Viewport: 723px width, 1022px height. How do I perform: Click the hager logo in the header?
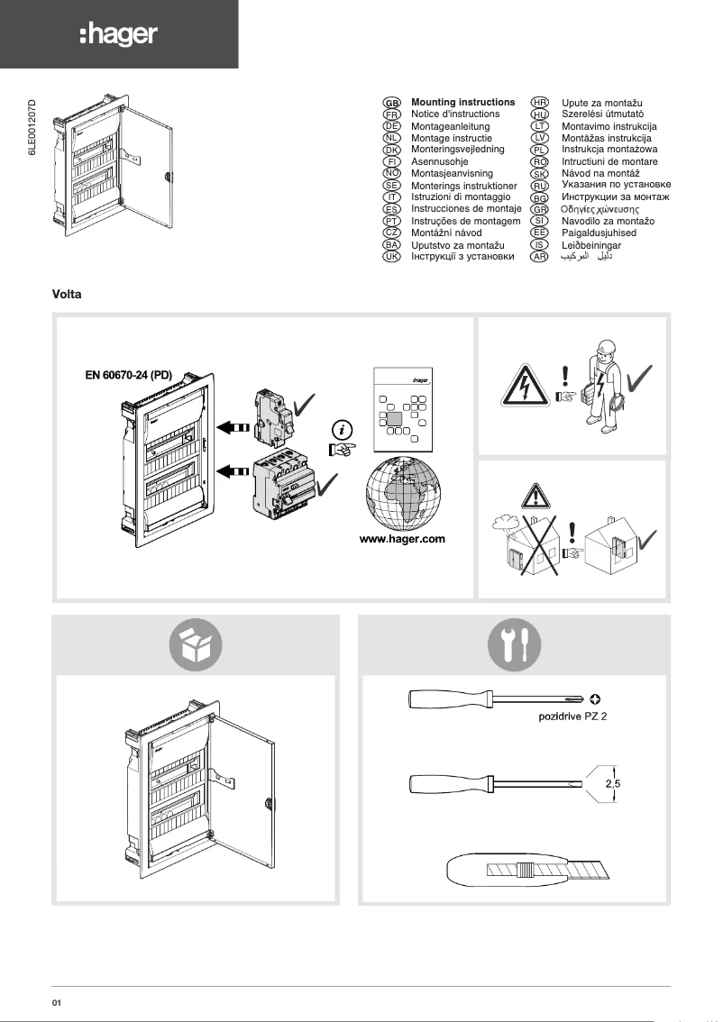coord(118,34)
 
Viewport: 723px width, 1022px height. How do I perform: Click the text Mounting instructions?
coord(462,103)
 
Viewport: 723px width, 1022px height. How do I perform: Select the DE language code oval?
coord(392,127)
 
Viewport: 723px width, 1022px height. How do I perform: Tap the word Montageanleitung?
coord(450,127)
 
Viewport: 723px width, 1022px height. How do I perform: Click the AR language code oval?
coord(540,257)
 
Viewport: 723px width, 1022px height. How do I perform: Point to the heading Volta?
coord(68,295)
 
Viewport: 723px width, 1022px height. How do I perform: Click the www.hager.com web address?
coord(402,540)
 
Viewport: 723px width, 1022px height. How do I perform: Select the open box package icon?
coord(196,644)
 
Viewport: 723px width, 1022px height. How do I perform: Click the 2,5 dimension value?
coord(612,784)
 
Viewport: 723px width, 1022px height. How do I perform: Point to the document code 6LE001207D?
coord(33,132)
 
